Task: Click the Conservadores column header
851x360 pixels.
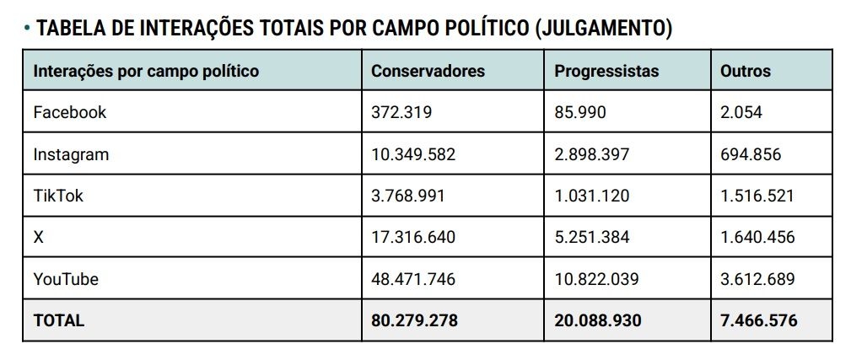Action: click(x=428, y=71)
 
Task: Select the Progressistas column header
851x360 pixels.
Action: click(x=606, y=71)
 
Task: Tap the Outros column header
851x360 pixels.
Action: click(x=745, y=71)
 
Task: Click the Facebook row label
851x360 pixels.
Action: click(x=69, y=112)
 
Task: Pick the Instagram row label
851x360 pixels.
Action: click(x=71, y=154)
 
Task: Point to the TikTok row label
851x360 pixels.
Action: click(x=58, y=196)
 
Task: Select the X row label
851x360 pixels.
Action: click(x=38, y=237)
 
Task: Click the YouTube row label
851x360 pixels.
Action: click(x=66, y=279)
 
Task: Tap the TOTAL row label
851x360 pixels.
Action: click(x=58, y=320)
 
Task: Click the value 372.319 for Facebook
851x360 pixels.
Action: click(x=401, y=112)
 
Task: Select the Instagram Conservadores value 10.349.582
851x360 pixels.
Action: click(x=412, y=154)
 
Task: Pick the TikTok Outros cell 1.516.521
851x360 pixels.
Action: click(x=757, y=196)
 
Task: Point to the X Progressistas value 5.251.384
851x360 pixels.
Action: click(x=591, y=237)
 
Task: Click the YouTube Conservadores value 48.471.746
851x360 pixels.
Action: click(x=412, y=279)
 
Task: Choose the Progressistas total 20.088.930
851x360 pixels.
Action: click(x=597, y=320)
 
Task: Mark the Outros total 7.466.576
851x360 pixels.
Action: click(x=758, y=320)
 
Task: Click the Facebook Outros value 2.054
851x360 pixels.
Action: click(x=741, y=112)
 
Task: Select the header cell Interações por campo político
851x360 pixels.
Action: click(x=146, y=71)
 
